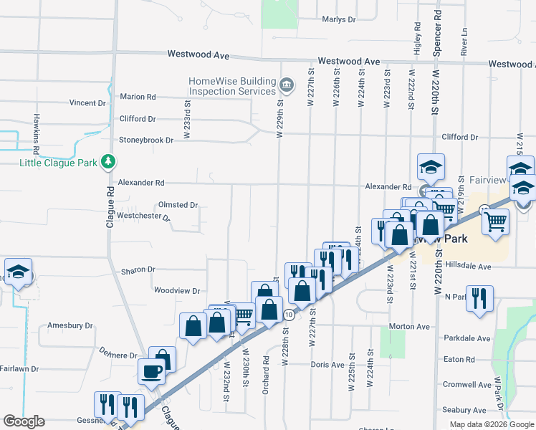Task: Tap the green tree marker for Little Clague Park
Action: [107, 162]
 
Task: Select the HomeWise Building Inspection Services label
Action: [231, 86]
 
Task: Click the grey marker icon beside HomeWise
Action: [287, 86]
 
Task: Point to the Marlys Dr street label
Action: [339, 19]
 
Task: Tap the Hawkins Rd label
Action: [35, 134]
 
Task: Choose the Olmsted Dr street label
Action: [178, 205]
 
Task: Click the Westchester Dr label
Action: [143, 216]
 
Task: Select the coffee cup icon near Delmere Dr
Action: [151, 371]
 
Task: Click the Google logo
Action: [24, 421]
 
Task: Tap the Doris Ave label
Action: [328, 365]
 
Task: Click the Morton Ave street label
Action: [409, 327]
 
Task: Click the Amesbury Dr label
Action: [70, 325]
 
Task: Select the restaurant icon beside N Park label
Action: [479, 297]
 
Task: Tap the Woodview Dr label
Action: [177, 291]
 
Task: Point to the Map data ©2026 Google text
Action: [491, 424]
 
